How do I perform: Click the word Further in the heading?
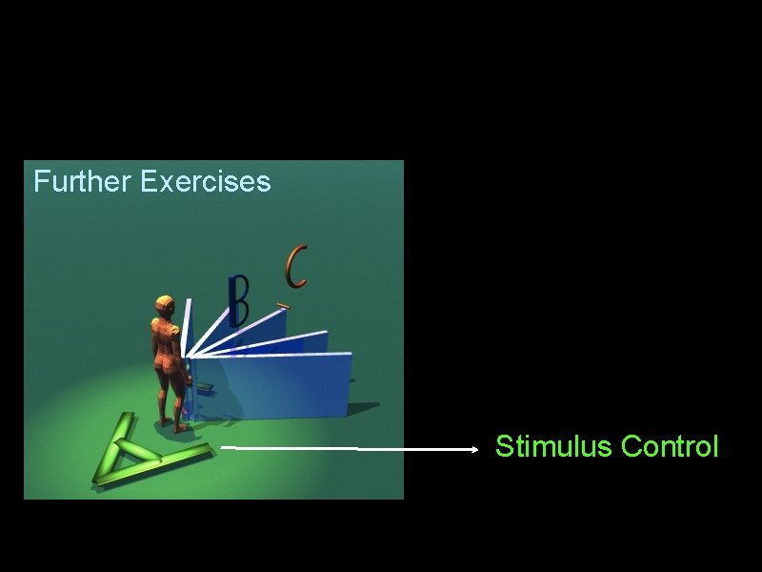83,181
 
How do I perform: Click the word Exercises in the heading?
205,181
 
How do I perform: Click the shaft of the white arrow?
352,447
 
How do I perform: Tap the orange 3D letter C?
296,267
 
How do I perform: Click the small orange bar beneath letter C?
282,306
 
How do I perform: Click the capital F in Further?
40,181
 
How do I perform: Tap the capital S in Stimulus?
504,446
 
